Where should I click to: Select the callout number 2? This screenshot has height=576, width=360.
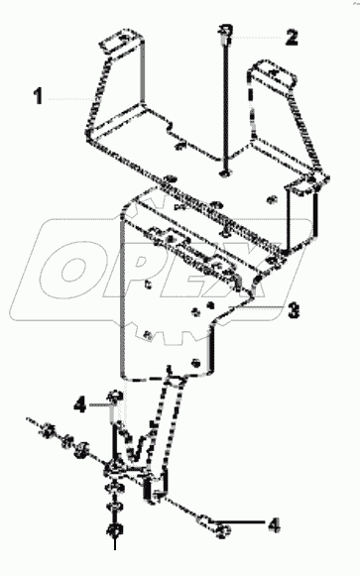click(x=291, y=39)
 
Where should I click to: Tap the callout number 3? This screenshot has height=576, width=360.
click(x=293, y=311)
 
